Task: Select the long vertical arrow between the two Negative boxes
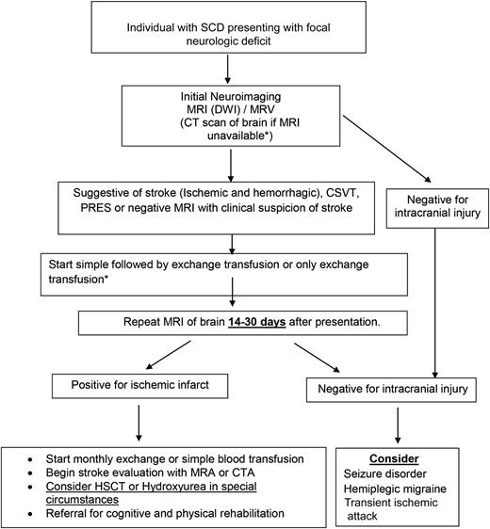(x=432, y=301)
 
